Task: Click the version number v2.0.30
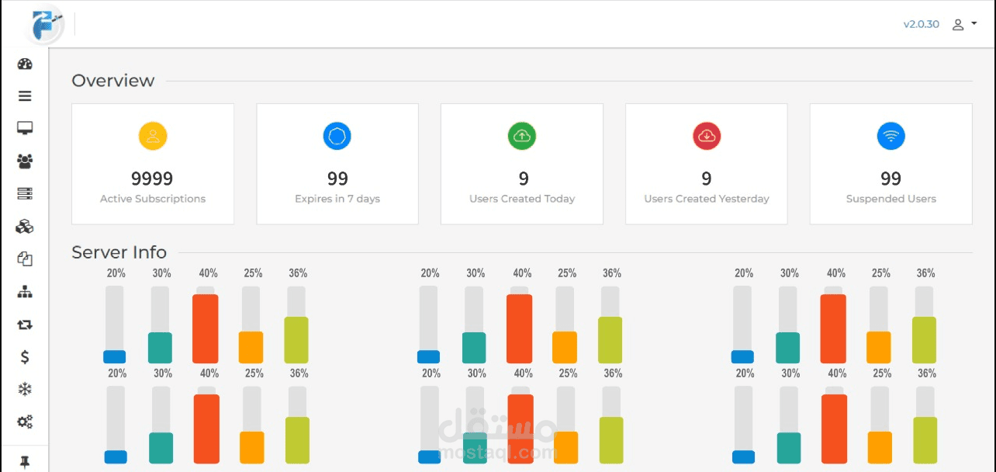pos(921,24)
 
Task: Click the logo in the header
pos(43,24)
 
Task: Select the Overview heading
pos(113,81)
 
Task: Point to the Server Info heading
pos(119,252)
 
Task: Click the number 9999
pos(152,179)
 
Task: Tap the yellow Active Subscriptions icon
pos(153,137)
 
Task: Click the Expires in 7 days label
pos(337,199)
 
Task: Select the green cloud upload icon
pos(522,137)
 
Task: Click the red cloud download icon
pos(707,137)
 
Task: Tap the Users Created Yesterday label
pos(707,199)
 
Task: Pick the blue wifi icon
pos(891,137)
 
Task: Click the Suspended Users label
pos(891,199)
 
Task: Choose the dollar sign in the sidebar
pos(25,357)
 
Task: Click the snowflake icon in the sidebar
pos(25,390)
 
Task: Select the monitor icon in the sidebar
pos(25,128)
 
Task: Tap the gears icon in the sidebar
pos(25,422)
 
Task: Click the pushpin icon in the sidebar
pos(25,462)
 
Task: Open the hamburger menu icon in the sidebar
pos(25,96)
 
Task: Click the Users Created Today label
pos(522,199)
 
